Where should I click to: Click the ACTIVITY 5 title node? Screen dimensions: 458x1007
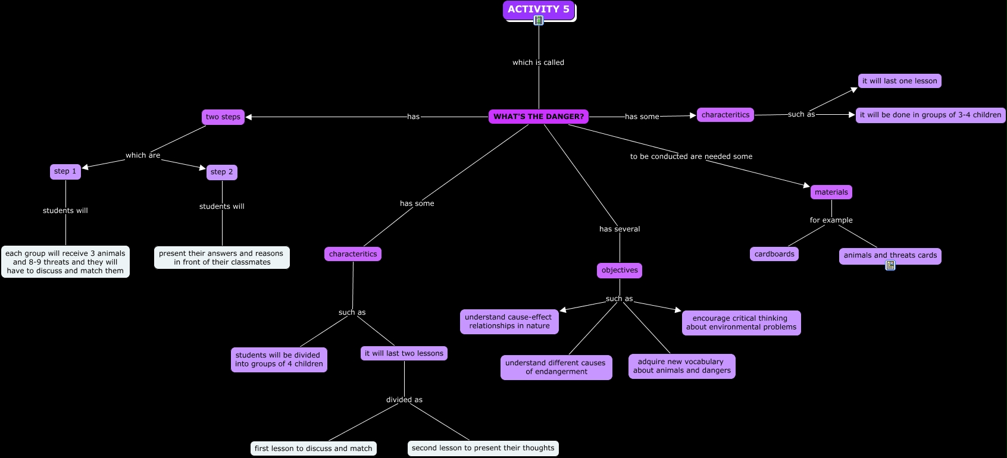point(539,10)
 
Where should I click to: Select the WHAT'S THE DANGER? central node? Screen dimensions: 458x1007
point(539,117)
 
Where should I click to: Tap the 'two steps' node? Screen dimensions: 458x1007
point(223,117)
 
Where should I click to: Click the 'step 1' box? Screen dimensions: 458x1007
point(65,171)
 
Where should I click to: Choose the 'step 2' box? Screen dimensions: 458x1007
point(222,172)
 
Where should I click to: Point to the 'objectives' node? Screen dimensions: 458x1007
point(620,270)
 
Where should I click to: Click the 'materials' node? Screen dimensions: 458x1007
point(831,192)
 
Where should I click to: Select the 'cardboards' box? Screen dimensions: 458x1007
point(774,254)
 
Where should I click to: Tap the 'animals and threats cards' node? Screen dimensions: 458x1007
point(890,255)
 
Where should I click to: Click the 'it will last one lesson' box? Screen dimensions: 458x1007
point(900,81)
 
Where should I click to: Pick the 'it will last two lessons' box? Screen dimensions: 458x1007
point(404,353)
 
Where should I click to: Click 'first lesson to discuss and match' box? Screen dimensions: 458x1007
point(314,448)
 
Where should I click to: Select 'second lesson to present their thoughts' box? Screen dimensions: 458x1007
point(483,448)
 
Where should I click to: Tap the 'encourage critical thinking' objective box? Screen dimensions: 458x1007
point(741,322)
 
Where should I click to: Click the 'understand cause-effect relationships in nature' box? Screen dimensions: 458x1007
point(509,321)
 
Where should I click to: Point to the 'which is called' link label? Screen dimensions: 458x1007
point(538,62)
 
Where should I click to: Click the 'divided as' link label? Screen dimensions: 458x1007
point(404,400)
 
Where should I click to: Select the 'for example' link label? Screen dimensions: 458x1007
point(831,220)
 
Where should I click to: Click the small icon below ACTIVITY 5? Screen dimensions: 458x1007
point(539,21)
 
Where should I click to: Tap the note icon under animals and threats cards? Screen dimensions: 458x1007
point(890,266)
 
